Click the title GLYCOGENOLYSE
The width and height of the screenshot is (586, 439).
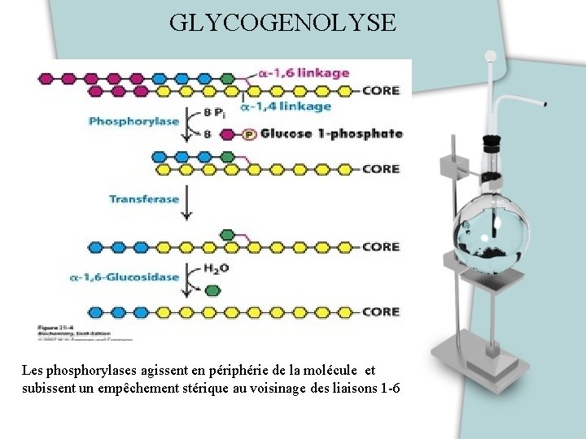[283, 22]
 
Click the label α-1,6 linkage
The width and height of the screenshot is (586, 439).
[304, 73]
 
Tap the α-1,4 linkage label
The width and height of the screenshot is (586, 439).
[286, 106]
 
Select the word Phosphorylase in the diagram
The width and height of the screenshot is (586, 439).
[134, 122]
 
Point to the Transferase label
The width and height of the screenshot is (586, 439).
[143, 199]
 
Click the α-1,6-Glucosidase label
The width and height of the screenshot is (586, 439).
[125, 276]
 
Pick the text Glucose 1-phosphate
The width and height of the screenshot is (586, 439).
[331, 134]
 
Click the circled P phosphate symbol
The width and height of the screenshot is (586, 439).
[249, 135]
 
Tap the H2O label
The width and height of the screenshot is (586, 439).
[216, 268]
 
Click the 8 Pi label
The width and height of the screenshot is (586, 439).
[213, 113]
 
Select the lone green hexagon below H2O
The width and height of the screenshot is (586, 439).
[212, 289]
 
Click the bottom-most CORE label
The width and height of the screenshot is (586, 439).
[381, 312]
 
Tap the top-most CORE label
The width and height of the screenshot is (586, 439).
[381, 90]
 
